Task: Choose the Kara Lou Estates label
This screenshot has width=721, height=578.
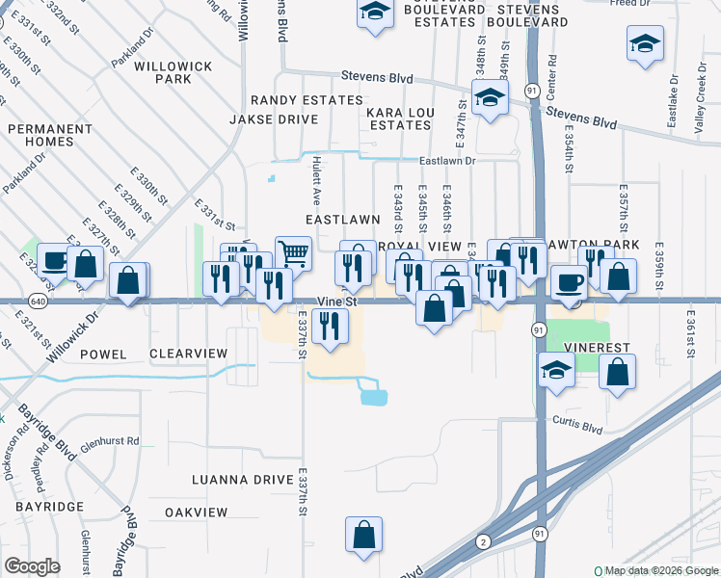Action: (398, 119)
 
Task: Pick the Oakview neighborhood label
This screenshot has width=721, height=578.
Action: (196, 512)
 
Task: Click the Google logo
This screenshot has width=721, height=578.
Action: (32, 566)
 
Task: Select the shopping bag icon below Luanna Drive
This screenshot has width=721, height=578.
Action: (363, 537)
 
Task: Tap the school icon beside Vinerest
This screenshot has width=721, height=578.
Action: (555, 373)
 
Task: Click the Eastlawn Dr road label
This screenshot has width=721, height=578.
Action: (448, 162)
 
